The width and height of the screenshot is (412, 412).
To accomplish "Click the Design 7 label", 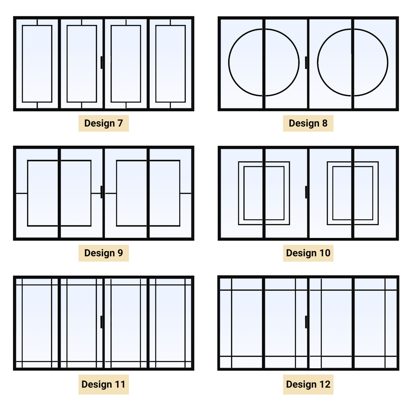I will tap(104, 123).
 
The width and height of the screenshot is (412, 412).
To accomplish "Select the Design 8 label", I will tap(308, 123).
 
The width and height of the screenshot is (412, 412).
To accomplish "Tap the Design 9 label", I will tap(104, 253).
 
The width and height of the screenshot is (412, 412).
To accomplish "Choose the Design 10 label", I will tap(308, 253).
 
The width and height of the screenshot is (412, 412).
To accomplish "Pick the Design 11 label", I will tap(104, 385).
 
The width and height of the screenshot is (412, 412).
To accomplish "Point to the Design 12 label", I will tap(308, 385).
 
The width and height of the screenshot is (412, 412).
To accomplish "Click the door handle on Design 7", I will tap(101, 62).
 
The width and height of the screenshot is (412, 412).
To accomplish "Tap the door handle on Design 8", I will tap(306, 62).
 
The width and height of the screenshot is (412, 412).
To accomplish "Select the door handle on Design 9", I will tap(101, 192).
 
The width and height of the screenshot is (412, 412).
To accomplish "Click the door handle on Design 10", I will tap(306, 192).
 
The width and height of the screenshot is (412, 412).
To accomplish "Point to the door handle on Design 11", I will tap(101, 322).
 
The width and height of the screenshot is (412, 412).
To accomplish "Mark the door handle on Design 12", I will tap(306, 322).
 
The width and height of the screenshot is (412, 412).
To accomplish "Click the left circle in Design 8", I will tap(264, 62).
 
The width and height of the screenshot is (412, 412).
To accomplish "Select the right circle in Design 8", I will tap(353, 62).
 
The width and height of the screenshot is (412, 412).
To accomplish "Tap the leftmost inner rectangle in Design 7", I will tap(37, 64).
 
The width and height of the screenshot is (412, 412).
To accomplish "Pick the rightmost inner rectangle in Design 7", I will tap(170, 64).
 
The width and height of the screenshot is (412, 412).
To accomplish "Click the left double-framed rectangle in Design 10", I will tap(264, 193).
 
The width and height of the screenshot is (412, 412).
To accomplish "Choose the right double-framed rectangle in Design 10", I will tap(353, 193).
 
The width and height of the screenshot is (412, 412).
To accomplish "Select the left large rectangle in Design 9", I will tap(59, 193).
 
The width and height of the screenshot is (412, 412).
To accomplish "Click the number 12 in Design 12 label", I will tap(325, 385).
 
